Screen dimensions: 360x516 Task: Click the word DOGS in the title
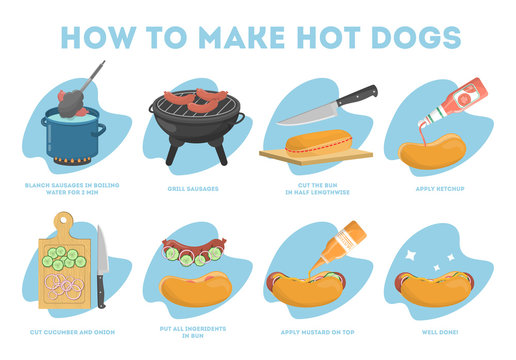point(408,36)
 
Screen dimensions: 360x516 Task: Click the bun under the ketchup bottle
point(432,151)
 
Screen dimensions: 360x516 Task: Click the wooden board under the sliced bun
point(315,157)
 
